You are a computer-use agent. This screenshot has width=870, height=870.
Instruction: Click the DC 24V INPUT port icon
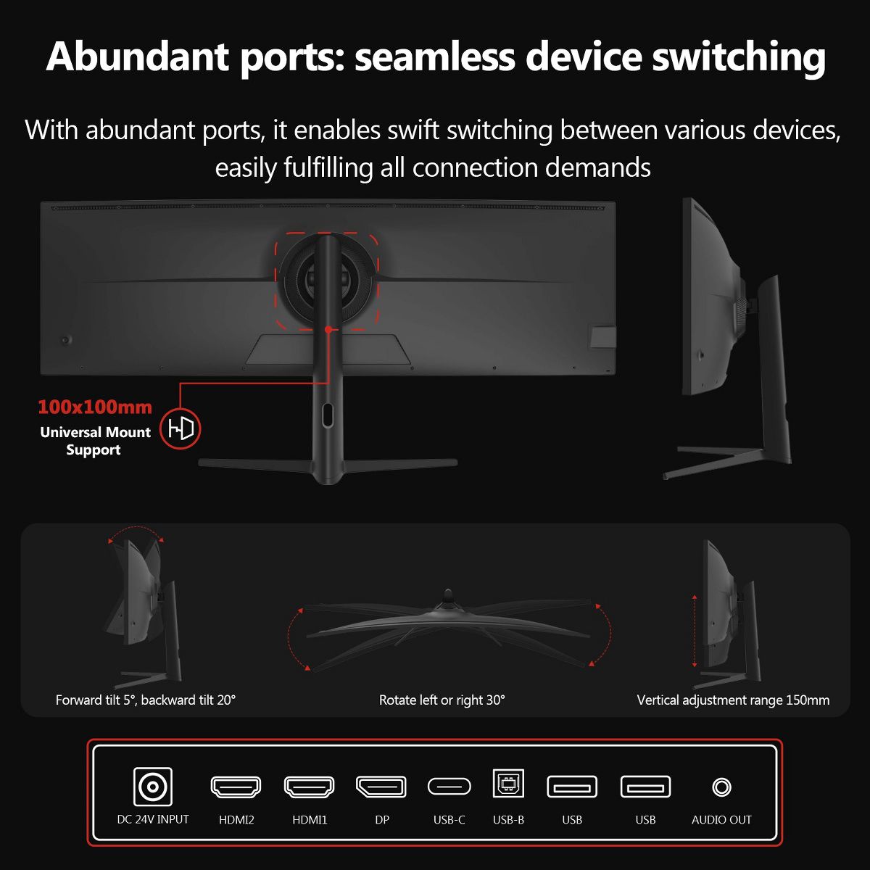point(152,787)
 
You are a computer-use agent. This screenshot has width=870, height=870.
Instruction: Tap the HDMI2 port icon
point(236,787)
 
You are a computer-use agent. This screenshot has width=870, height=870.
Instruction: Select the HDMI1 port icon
point(310,787)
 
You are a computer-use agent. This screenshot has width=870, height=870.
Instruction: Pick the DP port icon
point(381,787)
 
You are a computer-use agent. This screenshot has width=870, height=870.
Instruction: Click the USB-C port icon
point(449,787)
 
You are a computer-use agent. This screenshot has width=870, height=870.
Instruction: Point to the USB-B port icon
point(508,783)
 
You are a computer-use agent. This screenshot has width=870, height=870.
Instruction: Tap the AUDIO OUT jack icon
point(721,787)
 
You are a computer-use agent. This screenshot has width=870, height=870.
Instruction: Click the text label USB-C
point(449,820)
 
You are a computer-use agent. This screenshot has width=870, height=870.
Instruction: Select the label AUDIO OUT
point(721,820)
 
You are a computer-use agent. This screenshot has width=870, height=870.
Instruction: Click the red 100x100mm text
point(95,407)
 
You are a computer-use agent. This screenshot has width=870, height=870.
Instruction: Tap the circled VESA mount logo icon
point(181,428)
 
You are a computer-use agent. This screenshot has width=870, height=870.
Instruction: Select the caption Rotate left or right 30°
point(442,700)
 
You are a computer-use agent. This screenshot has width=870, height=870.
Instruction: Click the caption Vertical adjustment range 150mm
point(733,700)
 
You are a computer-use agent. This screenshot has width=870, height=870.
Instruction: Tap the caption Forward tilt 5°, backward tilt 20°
point(146,700)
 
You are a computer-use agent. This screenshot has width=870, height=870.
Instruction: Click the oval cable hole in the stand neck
point(327,415)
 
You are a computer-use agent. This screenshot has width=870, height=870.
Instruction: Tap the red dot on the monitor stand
point(328,330)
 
